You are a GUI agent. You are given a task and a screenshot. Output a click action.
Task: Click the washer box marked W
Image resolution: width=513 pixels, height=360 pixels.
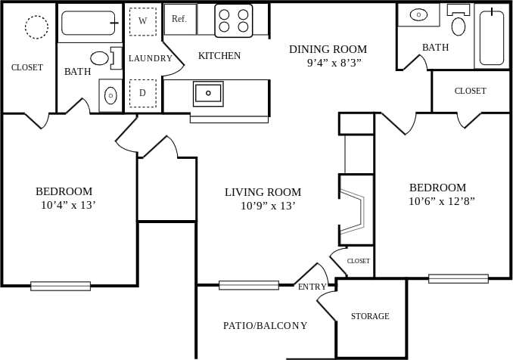(142, 21)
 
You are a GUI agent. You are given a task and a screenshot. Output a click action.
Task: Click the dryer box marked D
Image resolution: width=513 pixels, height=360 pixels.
(142, 93)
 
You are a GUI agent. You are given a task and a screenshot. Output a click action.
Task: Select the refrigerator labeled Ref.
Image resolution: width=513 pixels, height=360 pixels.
(179, 19)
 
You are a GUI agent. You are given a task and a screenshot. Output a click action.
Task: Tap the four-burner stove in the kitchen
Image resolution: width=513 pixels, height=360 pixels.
(233, 20)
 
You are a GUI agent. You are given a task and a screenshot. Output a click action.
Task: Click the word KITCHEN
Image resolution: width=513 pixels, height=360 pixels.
(219, 55)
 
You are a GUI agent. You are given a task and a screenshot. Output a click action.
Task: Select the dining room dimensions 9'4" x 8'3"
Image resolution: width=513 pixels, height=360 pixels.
(334, 63)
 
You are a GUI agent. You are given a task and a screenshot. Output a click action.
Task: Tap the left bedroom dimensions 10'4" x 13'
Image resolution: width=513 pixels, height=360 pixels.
(68, 204)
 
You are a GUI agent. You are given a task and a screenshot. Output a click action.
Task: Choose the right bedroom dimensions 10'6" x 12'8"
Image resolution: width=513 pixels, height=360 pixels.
(442, 201)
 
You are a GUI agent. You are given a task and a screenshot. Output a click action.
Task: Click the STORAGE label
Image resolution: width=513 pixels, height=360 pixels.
(370, 316)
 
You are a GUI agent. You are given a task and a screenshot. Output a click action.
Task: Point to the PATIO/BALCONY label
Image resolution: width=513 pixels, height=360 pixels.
(265, 326)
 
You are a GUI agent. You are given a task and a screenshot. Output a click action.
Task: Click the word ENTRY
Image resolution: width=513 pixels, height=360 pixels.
(312, 287)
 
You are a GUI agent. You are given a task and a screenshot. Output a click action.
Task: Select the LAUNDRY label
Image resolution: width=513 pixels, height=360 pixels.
(151, 58)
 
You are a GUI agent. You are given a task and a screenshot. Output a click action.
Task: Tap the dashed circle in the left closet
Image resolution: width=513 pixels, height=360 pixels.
(36, 27)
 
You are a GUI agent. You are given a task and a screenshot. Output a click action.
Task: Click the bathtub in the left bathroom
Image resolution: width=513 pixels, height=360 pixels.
(89, 23)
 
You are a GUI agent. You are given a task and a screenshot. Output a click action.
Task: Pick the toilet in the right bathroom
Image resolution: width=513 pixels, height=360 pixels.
(459, 25)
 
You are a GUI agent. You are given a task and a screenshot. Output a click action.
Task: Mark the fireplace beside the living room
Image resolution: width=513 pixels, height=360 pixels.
(354, 209)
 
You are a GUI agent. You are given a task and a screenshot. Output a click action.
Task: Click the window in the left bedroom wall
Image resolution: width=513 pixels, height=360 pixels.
(61, 286)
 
